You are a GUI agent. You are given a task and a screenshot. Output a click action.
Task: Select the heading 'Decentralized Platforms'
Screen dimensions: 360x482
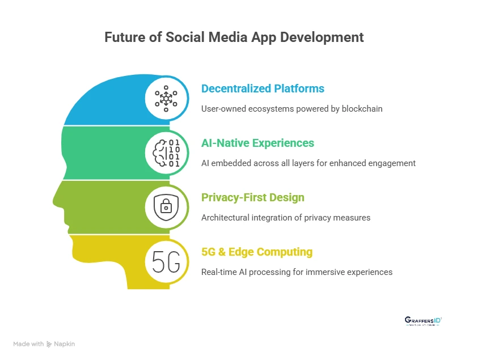point(263,88)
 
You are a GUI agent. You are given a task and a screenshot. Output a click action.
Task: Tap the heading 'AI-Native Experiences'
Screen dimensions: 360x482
point(258,143)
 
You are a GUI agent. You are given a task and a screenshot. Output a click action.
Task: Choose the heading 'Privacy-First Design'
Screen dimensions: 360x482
point(253,197)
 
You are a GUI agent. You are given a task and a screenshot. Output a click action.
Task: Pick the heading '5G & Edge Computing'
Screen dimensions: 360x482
point(257,252)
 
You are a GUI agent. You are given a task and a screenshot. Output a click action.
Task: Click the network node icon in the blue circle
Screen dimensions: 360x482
point(166,99)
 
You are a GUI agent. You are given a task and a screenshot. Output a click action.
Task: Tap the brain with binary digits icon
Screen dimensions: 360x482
point(166,153)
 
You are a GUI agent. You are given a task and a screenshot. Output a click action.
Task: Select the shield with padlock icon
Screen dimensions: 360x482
point(166,207)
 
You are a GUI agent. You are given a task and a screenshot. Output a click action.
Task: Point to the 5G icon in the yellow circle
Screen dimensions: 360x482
point(166,261)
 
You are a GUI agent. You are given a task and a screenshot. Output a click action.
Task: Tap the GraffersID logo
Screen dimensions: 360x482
point(423,321)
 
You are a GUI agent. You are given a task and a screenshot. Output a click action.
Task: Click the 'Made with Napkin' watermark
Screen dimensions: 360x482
point(44,344)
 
